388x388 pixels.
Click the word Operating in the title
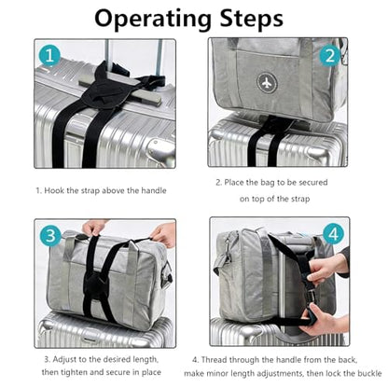tap(153, 20)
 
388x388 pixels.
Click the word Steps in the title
tap(251, 19)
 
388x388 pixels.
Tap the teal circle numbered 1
tap(49, 56)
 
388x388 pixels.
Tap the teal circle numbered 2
tap(330, 55)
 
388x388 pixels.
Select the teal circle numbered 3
tap(50, 236)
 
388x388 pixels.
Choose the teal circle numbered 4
tap(333, 234)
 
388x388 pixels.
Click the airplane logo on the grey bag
tap(267, 83)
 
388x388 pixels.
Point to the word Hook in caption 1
tap(53, 190)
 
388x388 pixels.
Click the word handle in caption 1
tap(154, 190)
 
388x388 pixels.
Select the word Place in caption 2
tap(234, 182)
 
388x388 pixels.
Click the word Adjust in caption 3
tap(64, 359)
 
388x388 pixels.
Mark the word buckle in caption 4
tap(370, 373)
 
